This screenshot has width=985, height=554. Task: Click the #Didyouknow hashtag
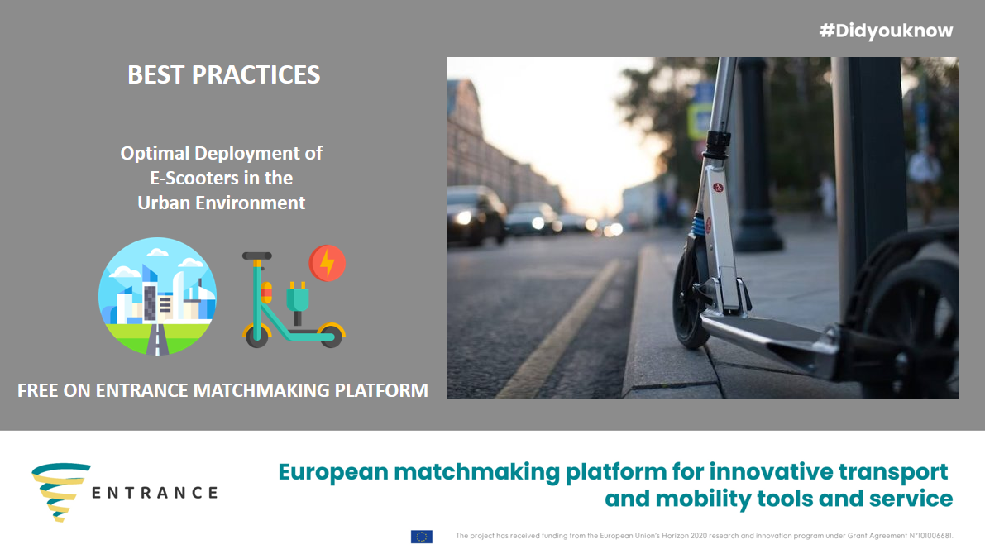(886, 31)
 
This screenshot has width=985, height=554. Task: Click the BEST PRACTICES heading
(223, 74)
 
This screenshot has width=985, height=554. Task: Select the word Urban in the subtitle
(164, 203)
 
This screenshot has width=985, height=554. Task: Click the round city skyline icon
(158, 296)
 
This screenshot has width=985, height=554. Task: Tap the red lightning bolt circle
(328, 263)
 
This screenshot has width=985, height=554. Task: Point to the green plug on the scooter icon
(298, 297)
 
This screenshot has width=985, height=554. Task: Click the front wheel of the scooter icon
(256, 336)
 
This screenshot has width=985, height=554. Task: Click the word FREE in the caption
(38, 390)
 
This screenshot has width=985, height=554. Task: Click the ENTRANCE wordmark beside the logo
(155, 493)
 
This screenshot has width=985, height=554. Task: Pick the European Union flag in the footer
(422, 537)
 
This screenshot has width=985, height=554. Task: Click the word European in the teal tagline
(333, 471)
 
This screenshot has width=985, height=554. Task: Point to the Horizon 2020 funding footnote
(704, 536)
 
